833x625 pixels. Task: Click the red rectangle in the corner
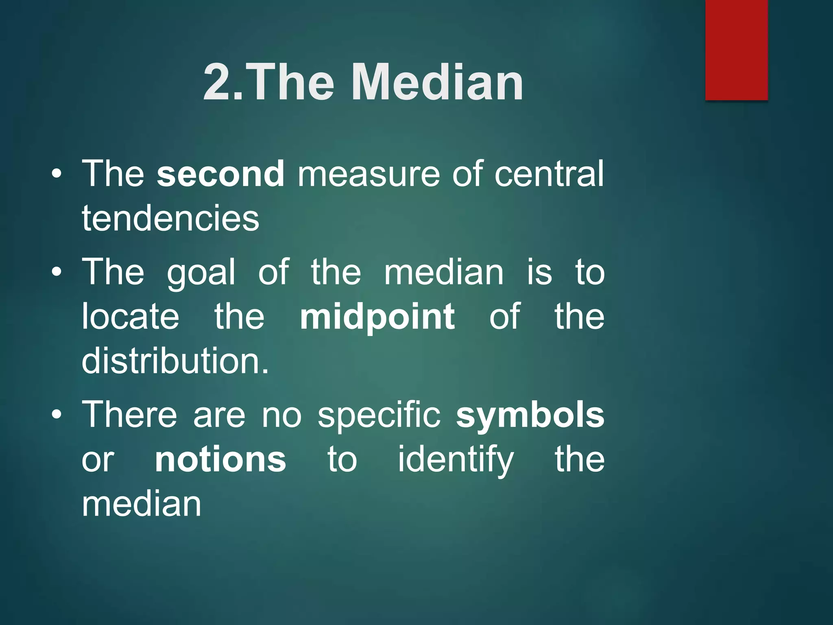tap(736, 50)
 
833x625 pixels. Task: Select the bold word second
tap(220, 174)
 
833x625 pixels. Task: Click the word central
tap(549, 174)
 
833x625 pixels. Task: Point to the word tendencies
tap(170, 219)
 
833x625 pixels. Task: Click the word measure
tap(369, 174)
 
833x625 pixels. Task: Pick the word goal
tap(201, 273)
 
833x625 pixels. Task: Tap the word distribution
tap(175, 361)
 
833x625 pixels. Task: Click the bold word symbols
tap(530, 415)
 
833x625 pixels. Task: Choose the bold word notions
tap(220, 460)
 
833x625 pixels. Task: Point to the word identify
tap(456, 460)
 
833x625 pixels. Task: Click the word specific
tap(379, 415)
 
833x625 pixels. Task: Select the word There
tap(130, 415)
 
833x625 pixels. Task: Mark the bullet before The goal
tap(57, 272)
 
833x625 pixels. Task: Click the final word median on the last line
tap(142, 504)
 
